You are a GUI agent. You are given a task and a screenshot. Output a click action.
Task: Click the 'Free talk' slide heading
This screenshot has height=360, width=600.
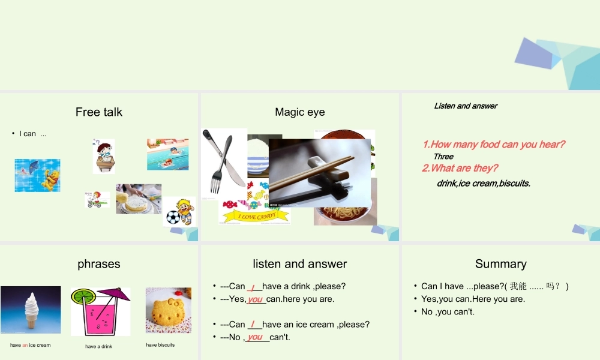pyautogui.click(x=99, y=112)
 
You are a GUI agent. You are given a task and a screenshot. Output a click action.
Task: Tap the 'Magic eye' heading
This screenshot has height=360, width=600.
pyautogui.click(x=299, y=112)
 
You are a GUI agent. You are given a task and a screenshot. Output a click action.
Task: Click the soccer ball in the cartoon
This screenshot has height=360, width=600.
pyautogui.click(x=173, y=216)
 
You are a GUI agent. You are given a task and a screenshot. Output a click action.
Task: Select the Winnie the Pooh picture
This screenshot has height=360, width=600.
pyautogui.click(x=37, y=175)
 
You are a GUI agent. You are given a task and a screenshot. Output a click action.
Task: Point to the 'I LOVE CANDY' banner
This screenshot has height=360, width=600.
pyautogui.click(x=257, y=216)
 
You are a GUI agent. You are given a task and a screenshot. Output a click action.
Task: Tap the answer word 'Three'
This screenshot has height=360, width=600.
pyautogui.click(x=443, y=157)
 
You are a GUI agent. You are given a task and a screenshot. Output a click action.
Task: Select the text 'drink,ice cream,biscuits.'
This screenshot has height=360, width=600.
pyautogui.click(x=484, y=184)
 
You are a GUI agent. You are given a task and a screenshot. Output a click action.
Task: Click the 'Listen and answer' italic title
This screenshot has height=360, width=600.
pyautogui.click(x=466, y=106)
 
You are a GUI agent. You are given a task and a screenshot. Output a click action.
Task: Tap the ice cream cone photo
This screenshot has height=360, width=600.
pyautogui.click(x=31, y=310)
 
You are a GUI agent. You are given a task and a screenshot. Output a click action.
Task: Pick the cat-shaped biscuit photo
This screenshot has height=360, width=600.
pyautogui.click(x=168, y=310)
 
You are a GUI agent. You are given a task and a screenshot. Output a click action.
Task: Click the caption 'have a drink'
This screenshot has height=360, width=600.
pyautogui.click(x=98, y=347)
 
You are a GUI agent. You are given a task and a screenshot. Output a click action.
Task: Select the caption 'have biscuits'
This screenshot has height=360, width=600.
pyautogui.click(x=160, y=345)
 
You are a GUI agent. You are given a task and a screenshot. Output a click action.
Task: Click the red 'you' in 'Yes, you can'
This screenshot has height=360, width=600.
pyautogui.click(x=256, y=299)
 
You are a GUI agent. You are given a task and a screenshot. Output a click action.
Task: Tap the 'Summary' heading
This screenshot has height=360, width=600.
pyautogui.click(x=500, y=264)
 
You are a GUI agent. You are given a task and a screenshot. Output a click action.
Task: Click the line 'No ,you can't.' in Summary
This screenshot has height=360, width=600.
pyautogui.click(x=448, y=312)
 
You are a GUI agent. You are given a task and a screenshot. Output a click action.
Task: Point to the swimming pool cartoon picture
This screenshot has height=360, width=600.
pyautogui.click(x=167, y=154)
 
